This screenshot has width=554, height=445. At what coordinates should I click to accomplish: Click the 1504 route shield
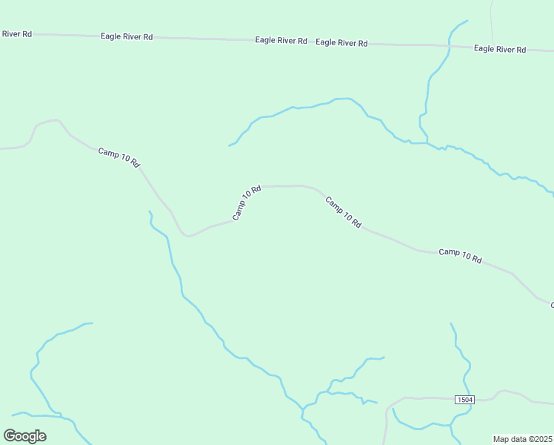coord(464,400)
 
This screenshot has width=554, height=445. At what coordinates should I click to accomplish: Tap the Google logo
coord(24,436)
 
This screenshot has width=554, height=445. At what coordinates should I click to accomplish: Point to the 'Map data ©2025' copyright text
coord(523,439)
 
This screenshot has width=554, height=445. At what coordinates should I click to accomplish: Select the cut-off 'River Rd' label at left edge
coord(16,33)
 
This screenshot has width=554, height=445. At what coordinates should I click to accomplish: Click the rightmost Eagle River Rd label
coord(500,49)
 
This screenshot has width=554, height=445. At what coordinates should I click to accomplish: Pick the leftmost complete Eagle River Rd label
coord(127,36)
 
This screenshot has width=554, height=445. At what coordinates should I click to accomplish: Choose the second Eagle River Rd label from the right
coord(341,43)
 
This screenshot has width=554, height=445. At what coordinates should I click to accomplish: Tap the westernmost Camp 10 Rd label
coord(119,157)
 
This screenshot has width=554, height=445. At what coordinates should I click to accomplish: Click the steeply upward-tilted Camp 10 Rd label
coord(247,202)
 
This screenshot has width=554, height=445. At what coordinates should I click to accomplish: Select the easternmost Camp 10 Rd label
coord(460,256)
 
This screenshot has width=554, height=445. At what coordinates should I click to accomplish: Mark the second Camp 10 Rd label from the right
coord(342,212)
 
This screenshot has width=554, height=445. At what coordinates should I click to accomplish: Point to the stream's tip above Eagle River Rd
coord(467,21)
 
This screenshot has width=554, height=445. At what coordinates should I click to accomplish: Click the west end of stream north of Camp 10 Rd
coord(229,145)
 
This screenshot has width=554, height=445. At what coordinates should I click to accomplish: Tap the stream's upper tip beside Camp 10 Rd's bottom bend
coord(150,211)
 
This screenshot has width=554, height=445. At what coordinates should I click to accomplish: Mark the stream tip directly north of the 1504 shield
coord(451,323)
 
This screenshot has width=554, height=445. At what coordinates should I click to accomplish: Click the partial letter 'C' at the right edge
coord(551,304)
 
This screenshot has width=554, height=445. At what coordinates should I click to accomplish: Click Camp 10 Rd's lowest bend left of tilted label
coord(189,236)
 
